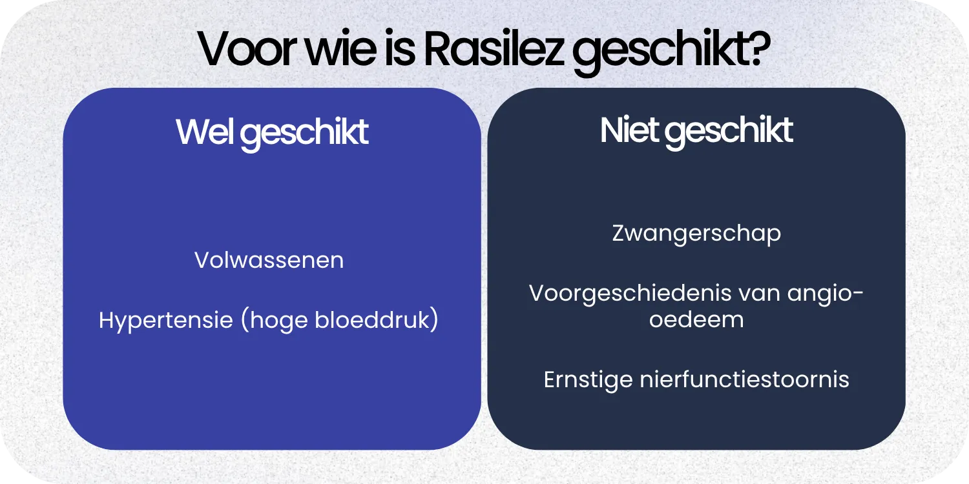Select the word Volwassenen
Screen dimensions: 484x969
click(x=269, y=260)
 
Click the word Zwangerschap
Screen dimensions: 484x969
click(x=696, y=233)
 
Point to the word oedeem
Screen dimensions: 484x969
click(x=696, y=319)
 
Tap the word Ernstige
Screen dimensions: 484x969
click(x=587, y=379)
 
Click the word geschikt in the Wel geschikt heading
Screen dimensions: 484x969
click(x=307, y=133)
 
